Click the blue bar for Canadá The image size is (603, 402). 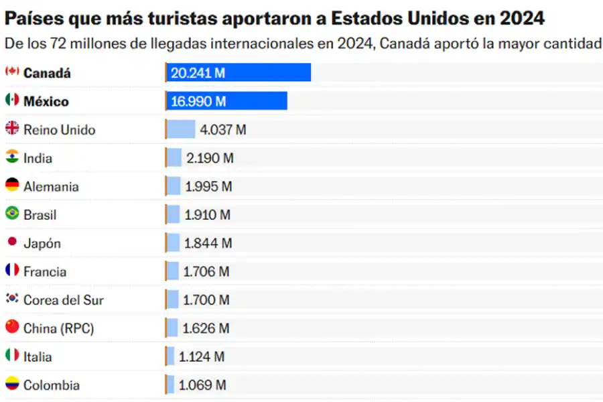[x=238, y=72]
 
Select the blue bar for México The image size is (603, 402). [x=226, y=101]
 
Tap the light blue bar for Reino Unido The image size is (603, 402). [x=181, y=129]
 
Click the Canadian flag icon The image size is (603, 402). [x=12, y=72]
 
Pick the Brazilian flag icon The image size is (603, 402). [x=12, y=214]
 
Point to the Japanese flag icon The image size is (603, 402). [x=12, y=242]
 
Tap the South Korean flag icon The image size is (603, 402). [x=12, y=299]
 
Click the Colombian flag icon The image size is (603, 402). [x=12, y=384]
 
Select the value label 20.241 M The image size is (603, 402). [x=198, y=73]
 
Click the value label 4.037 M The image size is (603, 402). [x=222, y=130]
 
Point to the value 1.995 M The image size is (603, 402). [x=208, y=187]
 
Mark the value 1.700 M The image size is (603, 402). [x=206, y=300]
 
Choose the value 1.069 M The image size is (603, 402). [x=202, y=385]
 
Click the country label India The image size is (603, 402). [x=38, y=159]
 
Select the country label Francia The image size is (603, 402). [x=45, y=272]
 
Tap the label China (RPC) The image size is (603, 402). [x=58, y=329]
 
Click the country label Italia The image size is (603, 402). [x=38, y=357]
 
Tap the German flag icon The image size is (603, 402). [x=12, y=186]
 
